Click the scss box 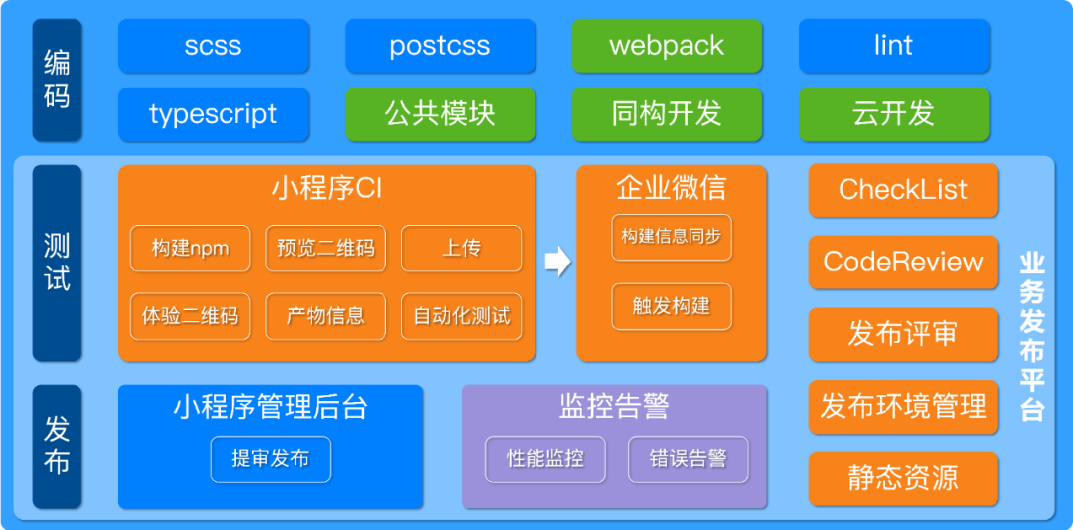214,46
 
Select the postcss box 440,46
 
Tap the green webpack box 667,46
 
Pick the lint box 894,46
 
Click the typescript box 214,114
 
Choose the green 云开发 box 894,114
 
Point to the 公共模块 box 440,114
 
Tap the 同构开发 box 667,114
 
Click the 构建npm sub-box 191,248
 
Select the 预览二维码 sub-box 326,248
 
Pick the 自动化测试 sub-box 462,316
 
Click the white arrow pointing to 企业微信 557,262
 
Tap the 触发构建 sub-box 672,306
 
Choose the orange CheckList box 903,190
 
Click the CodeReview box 903,263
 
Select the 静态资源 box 903,477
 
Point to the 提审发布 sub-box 270,459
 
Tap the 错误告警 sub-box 688,459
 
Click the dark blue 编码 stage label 57,81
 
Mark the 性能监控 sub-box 545,459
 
